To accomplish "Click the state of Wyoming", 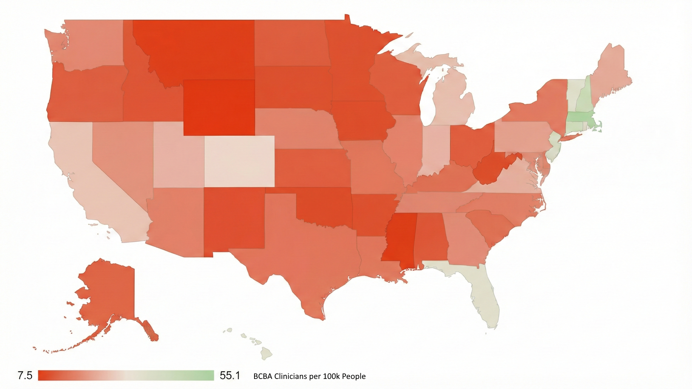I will [219, 107].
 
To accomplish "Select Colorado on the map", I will [239, 161].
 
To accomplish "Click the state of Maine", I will [609, 72].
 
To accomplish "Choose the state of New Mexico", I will [234, 220].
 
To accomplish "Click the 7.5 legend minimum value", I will [25, 376].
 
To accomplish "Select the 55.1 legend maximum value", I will [230, 376].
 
